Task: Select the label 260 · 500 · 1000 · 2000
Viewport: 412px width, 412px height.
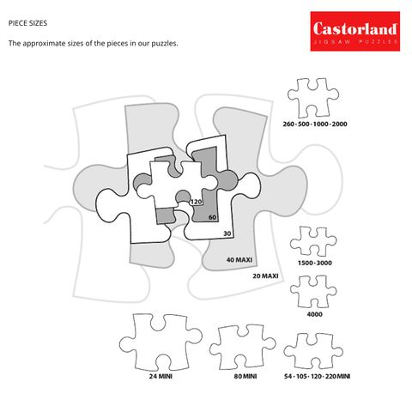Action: [x=315, y=124]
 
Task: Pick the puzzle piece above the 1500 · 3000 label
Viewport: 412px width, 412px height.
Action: [x=314, y=244]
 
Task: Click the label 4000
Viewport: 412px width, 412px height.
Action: [x=314, y=315]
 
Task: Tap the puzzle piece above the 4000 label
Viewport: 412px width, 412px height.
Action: [x=314, y=292]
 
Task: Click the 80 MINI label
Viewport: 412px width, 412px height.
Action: [x=243, y=376]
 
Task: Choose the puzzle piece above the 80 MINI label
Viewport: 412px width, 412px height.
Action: [x=243, y=347]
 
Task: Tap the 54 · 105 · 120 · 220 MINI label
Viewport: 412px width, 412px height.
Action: [x=317, y=376]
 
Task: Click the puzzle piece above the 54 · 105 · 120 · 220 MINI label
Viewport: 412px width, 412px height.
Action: [x=314, y=350]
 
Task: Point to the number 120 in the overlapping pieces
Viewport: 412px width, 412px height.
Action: [x=196, y=202]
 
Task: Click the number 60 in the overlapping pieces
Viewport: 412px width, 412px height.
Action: [x=212, y=217]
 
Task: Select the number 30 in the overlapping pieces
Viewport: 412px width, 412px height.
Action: [x=227, y=233]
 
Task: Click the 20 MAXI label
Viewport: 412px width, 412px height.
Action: [x=266, y=276]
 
